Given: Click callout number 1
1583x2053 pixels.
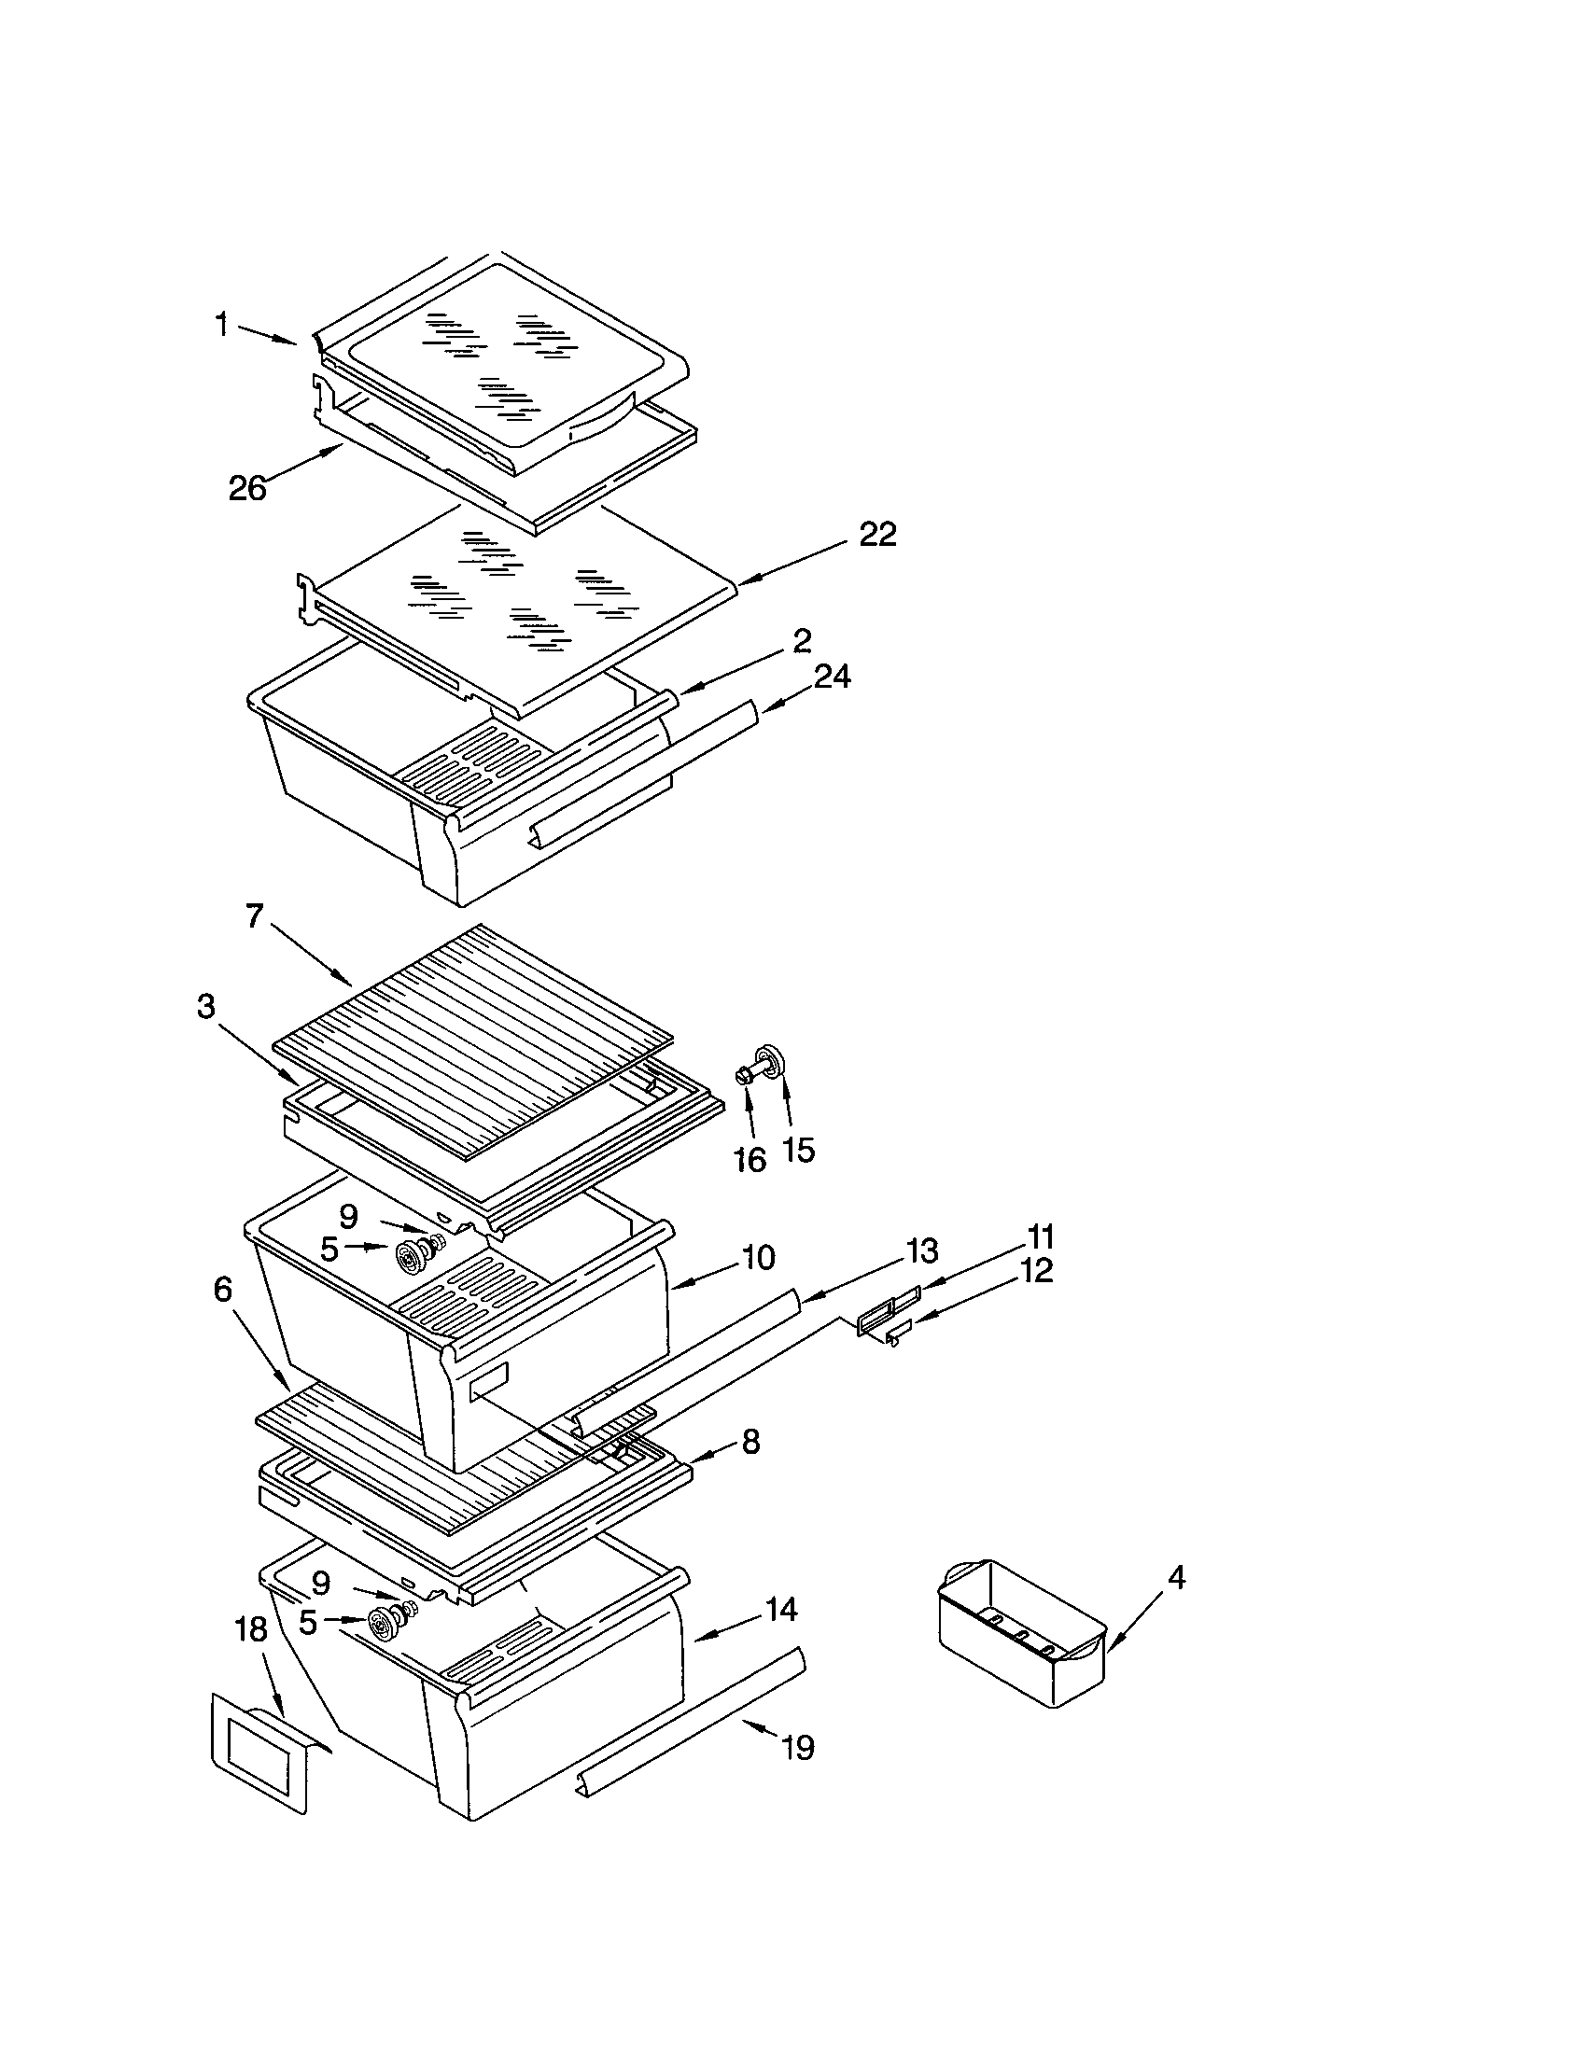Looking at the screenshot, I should (221, 327).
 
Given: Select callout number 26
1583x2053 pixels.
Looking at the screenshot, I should (247, 489).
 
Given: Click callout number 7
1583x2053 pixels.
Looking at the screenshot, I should (254, 915).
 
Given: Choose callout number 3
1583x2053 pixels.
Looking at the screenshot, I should (206, 1007).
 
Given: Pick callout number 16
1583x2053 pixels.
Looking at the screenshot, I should (749, 1160).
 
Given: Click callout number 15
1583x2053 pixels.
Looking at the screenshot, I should (798, 1149).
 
